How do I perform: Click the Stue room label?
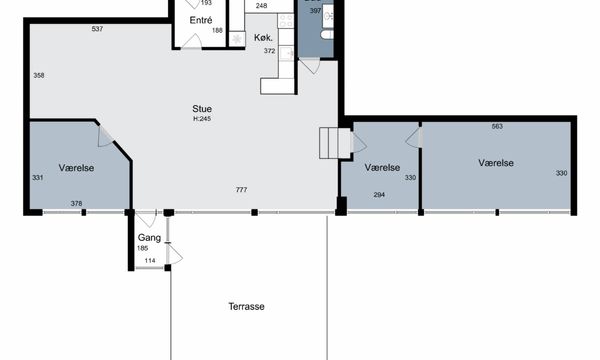202,109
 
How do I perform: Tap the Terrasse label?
246,306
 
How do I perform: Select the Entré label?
201,20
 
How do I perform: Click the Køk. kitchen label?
263,37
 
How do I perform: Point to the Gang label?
149,238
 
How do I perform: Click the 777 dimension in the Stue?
241,189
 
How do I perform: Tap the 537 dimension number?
97,29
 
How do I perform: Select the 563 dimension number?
497,126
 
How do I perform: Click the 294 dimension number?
379,195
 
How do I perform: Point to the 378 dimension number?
77,204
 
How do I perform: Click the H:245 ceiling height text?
202,119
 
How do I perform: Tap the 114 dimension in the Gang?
150,261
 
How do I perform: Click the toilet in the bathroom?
327,34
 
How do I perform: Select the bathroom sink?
328,16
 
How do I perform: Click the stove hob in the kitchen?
285,21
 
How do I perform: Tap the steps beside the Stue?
336,143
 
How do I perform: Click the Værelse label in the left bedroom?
77,168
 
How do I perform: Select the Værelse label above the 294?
382,168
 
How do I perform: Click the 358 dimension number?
39,75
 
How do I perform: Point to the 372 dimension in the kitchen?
269,50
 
